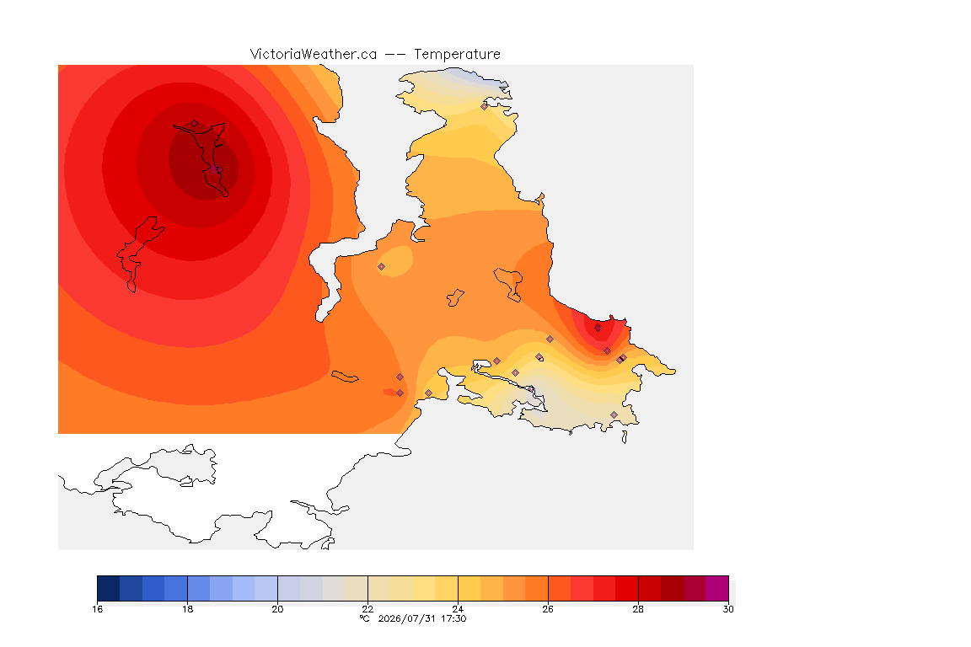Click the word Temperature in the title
457,55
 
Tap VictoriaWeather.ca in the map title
314,55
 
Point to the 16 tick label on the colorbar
97,609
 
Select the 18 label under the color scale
188,609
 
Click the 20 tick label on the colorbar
277,609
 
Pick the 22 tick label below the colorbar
367,609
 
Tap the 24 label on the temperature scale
458,609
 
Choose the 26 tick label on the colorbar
548,609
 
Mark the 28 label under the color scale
638,609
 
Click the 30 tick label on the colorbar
728,609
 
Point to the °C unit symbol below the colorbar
364,618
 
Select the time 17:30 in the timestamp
453,618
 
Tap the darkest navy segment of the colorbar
109,588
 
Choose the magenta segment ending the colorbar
717,588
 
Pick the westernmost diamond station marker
195,124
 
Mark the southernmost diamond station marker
614,414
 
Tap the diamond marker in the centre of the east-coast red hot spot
598,329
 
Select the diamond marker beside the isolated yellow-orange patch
382,267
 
